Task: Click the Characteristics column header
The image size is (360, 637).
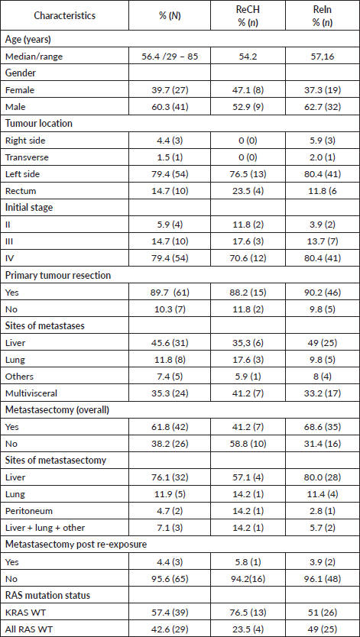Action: [x=65, y=16]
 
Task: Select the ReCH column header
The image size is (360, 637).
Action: [x=239, y=16]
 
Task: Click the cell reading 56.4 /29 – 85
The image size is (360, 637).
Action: [x=168, y=57]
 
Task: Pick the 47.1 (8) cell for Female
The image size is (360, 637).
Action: [x=239, y=90]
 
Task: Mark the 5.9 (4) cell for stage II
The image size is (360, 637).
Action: [x=168, y=223]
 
